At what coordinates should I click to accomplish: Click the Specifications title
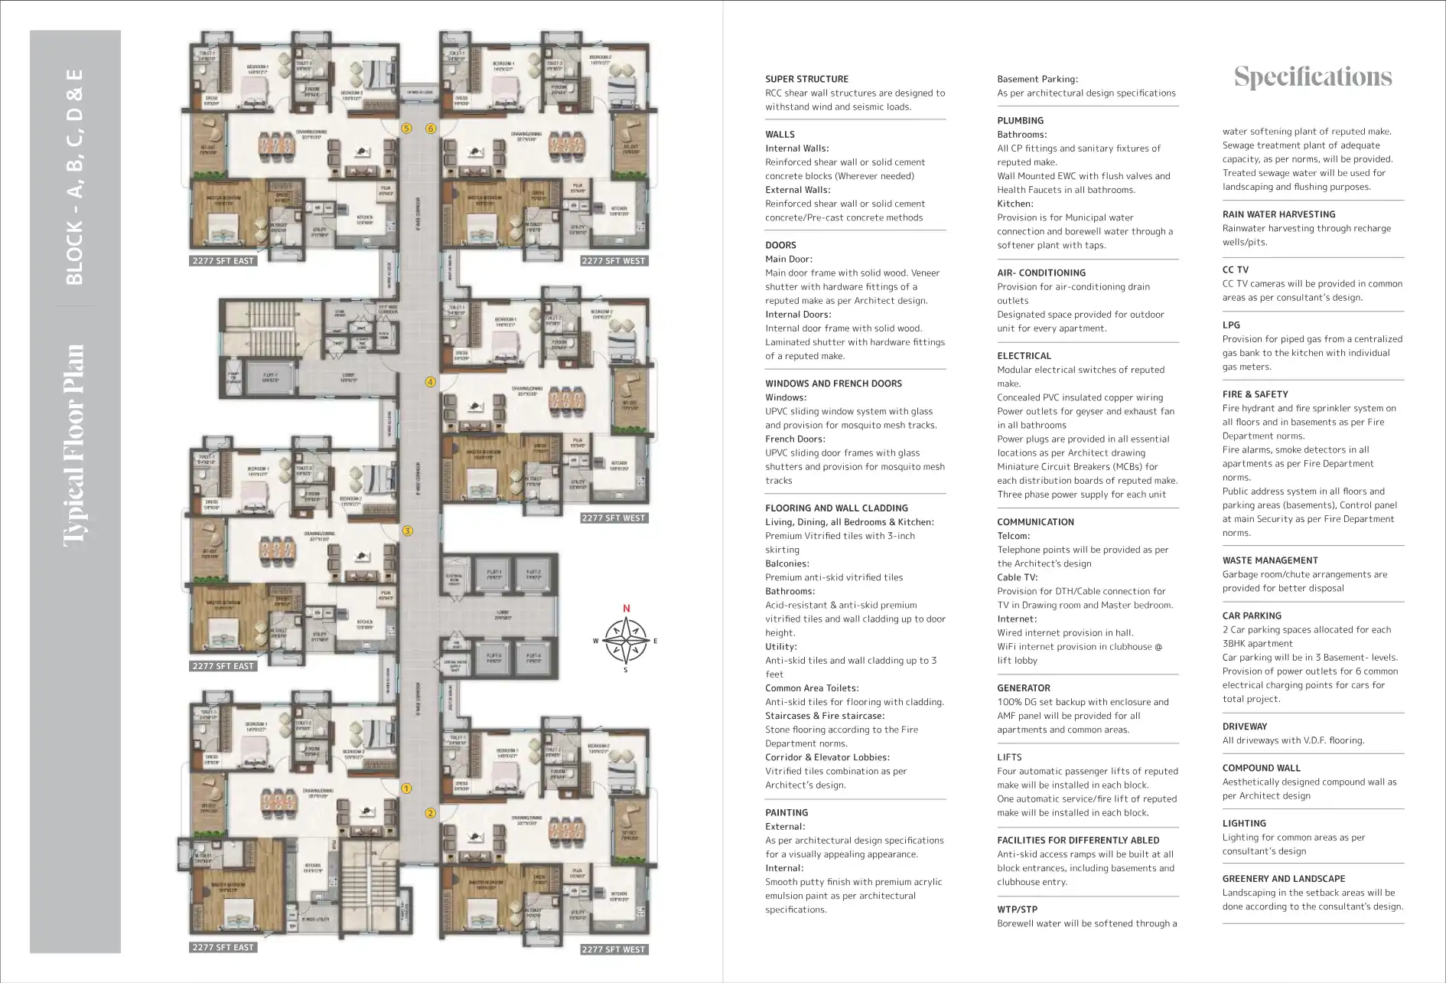point(1313,77)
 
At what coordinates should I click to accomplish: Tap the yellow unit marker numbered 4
point(430,382)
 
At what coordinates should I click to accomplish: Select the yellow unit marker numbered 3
point(408,531)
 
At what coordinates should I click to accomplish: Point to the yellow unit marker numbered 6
point(431,129)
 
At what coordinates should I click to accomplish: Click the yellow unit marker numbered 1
point(407,788)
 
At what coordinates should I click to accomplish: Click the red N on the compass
point(626,609)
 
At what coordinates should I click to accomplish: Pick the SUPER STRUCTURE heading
point(806,79)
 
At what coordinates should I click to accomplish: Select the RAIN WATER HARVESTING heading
point(1278,214)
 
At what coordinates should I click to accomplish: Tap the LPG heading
point(1231,325)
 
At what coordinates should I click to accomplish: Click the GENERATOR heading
point(1023,688)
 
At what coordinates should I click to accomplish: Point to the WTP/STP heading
point(1017,910)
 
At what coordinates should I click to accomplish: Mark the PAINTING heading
point(787,813)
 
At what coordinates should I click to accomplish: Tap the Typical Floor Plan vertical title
point(74,445)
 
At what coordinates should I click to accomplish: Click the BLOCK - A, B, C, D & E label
point(74,177)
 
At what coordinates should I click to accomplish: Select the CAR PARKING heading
point(1251,616)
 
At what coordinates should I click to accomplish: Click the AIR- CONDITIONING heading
point(1041,273)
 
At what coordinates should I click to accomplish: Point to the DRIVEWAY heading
point(1244,727)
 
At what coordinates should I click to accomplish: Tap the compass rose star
point(626,641)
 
